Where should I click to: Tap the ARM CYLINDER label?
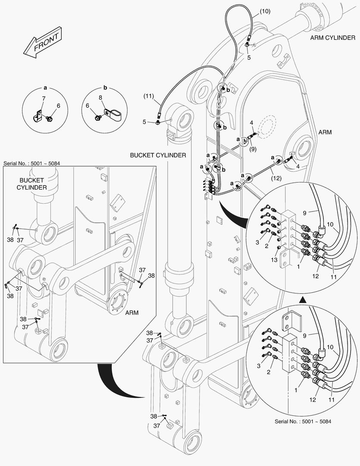click(x=332, y=38)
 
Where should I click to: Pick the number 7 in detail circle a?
click(x=44, y=99)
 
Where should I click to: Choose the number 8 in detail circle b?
click(x=100, y=98)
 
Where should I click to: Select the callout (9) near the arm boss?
click(x=252, y=149)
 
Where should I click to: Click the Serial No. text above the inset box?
click(x=33, y=164)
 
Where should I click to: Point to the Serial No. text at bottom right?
click(x=303, y=421)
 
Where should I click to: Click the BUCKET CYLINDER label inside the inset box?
click(x=32, y=184)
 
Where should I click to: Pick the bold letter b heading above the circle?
click(x=104, y=87)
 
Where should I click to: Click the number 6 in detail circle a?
click(x=58, y=105)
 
